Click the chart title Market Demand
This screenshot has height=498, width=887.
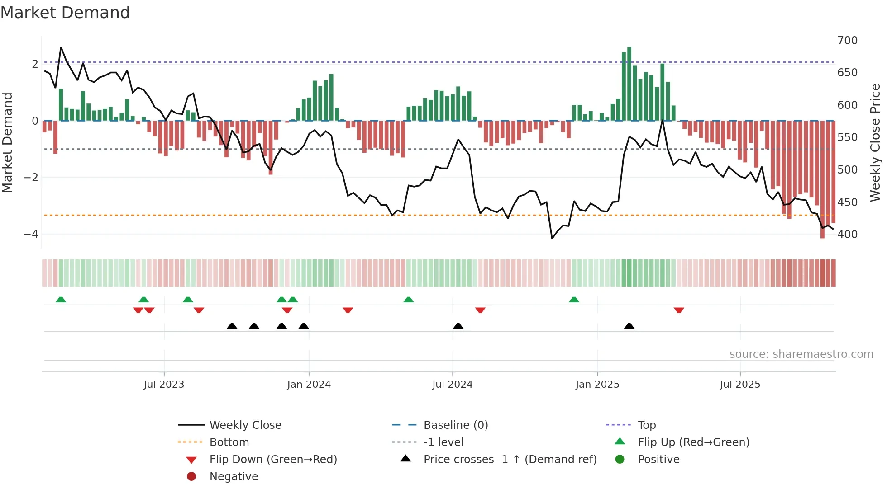click(x=65, y=13)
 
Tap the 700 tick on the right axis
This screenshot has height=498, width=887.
click(x=847, y=41)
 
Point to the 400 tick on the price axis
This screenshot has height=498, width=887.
click(x=847, y=235)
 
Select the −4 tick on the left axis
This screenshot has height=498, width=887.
click(x=31, y=234)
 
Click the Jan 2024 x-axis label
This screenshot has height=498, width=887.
click(x=309, y=385)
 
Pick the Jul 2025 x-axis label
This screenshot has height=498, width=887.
click(x=740, y=385)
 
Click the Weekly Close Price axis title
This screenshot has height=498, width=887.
click(x=875, y=142)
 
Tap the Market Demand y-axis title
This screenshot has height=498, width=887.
click(x=8, y=142)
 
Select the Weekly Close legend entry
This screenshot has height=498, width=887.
click(x=245, y=425)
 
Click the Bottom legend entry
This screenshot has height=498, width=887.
click(x=229, y=442)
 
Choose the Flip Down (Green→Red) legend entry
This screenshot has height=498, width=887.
click(x=273, y=460)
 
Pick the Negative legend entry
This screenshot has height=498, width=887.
click(x=234, y=477)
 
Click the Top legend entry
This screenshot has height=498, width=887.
click(x=646, y=425)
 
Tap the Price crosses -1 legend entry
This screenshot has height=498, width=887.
click(x=510, y=460)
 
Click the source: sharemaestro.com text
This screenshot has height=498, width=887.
click(x=801, y=354)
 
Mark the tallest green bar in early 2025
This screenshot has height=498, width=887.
click(x=629, y=84)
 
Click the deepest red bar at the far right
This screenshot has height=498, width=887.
click(x=822, y=181)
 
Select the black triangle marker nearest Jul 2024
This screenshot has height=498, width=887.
click(x=458, y=326)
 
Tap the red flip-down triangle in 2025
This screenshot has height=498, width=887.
click(x=678, y=310)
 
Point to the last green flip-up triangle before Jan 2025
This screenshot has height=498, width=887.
click(x=574, y=300)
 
